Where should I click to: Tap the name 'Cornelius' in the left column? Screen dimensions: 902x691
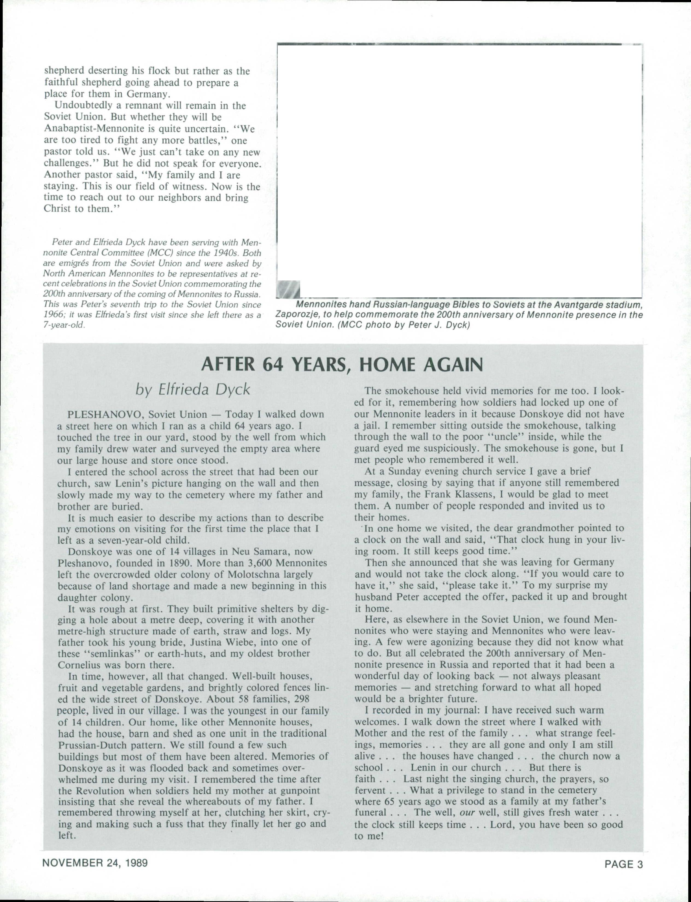tap(78, 665)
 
